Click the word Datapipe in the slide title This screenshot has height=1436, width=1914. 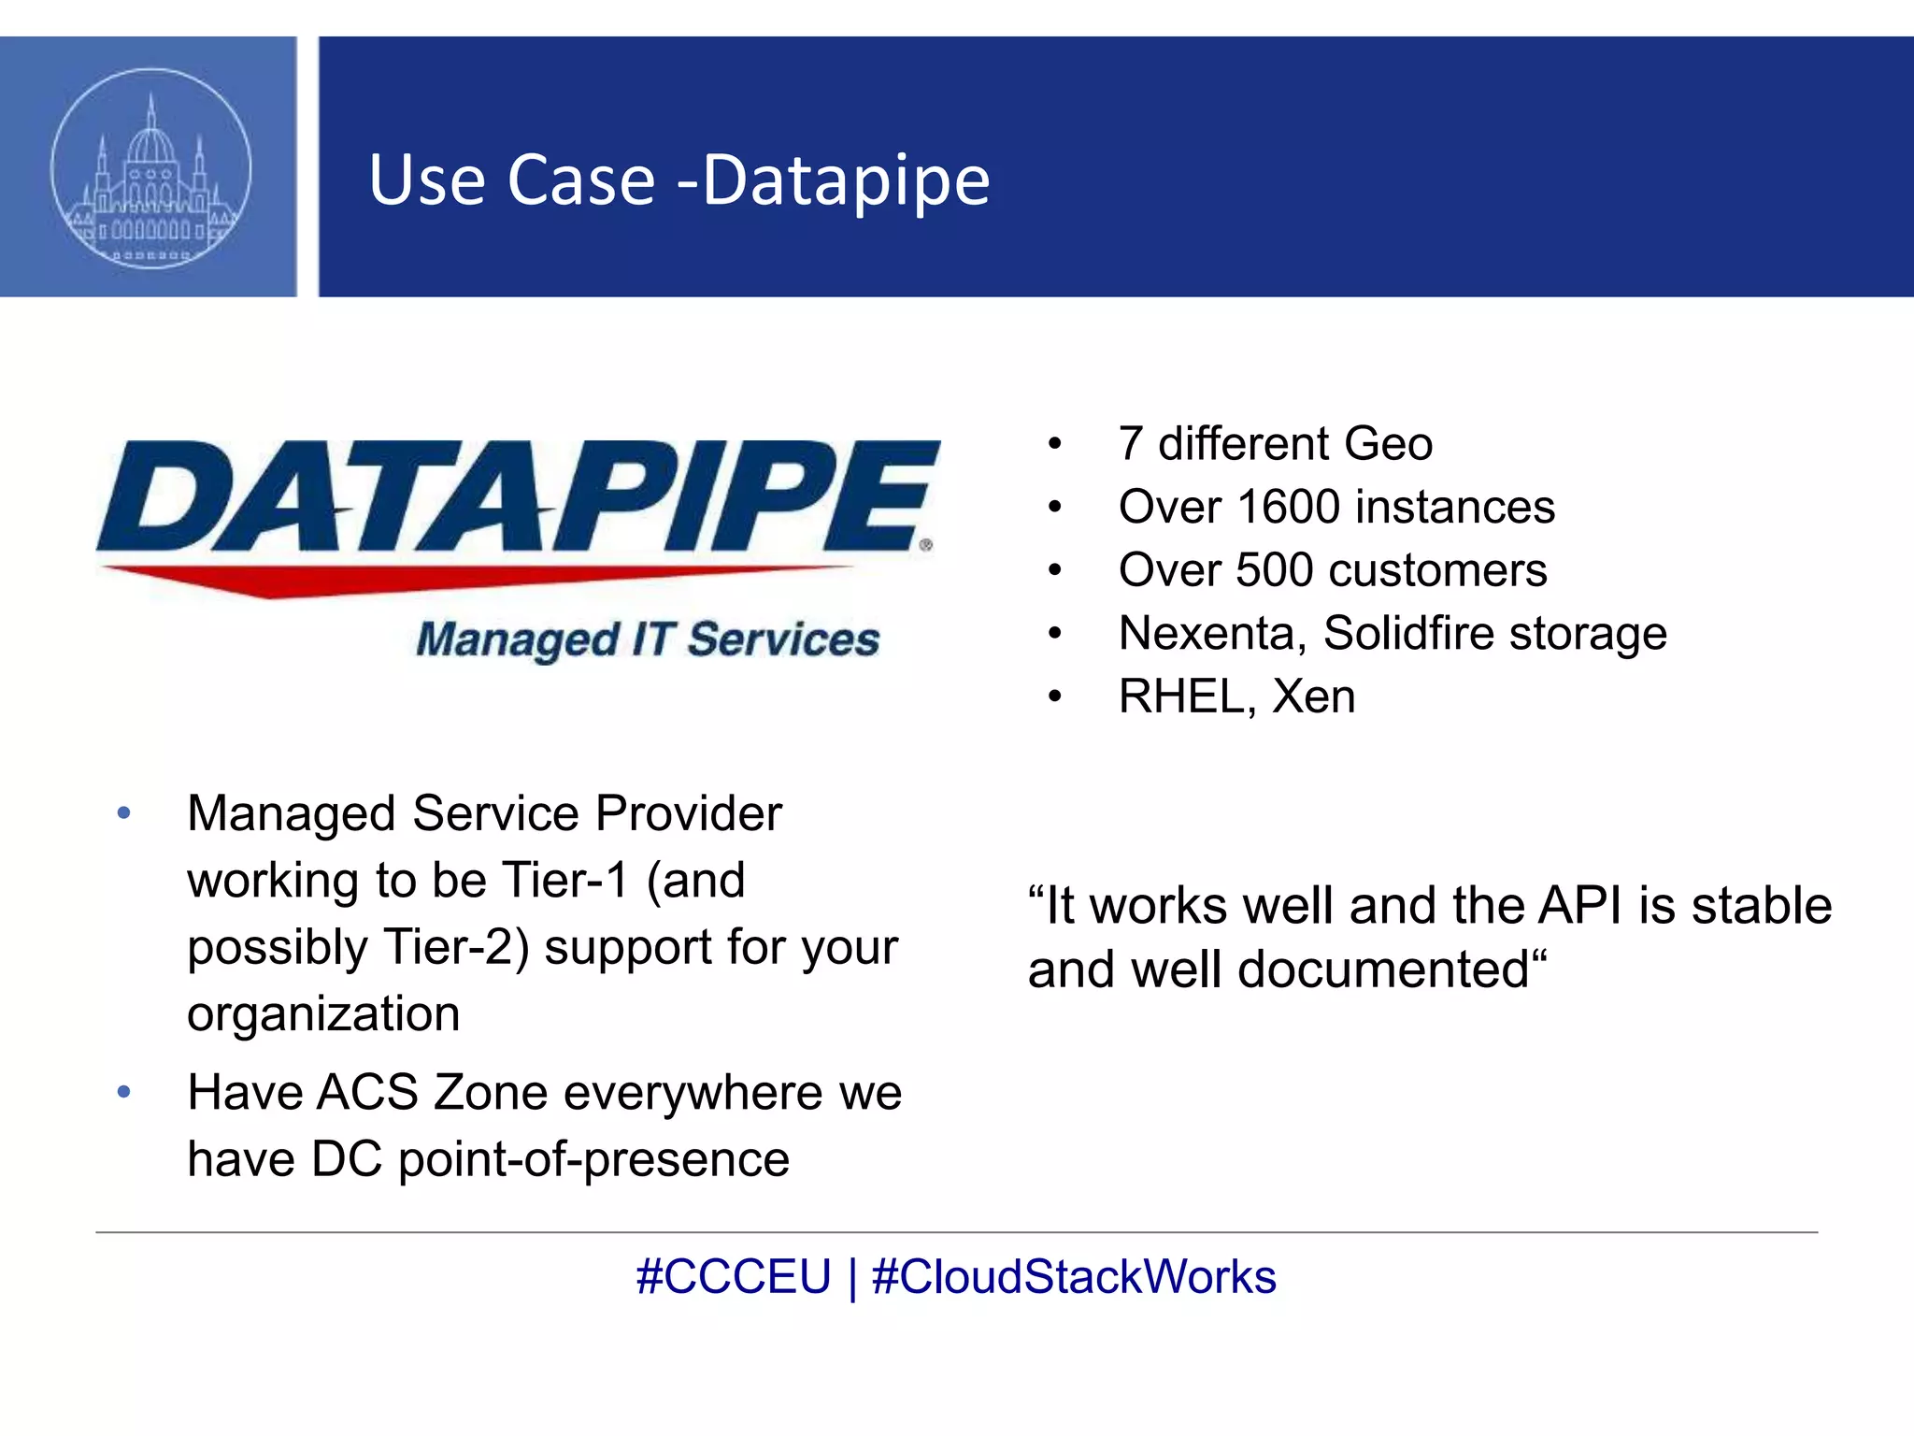846,179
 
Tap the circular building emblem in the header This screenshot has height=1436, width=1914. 150,168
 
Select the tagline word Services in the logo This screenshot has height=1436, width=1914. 783,640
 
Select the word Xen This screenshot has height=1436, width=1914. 1314,696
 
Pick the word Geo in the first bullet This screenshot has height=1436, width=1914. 1389,444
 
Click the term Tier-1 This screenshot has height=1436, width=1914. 565,881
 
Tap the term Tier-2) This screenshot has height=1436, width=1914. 457,947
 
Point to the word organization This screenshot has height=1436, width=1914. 323,1014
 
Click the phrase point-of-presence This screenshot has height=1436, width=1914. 594,1160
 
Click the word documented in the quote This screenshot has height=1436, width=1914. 1383,969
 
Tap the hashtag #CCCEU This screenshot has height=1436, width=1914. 734,1277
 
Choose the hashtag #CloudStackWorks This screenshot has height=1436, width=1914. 1074,1277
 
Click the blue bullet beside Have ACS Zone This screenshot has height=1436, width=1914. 124,1092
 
